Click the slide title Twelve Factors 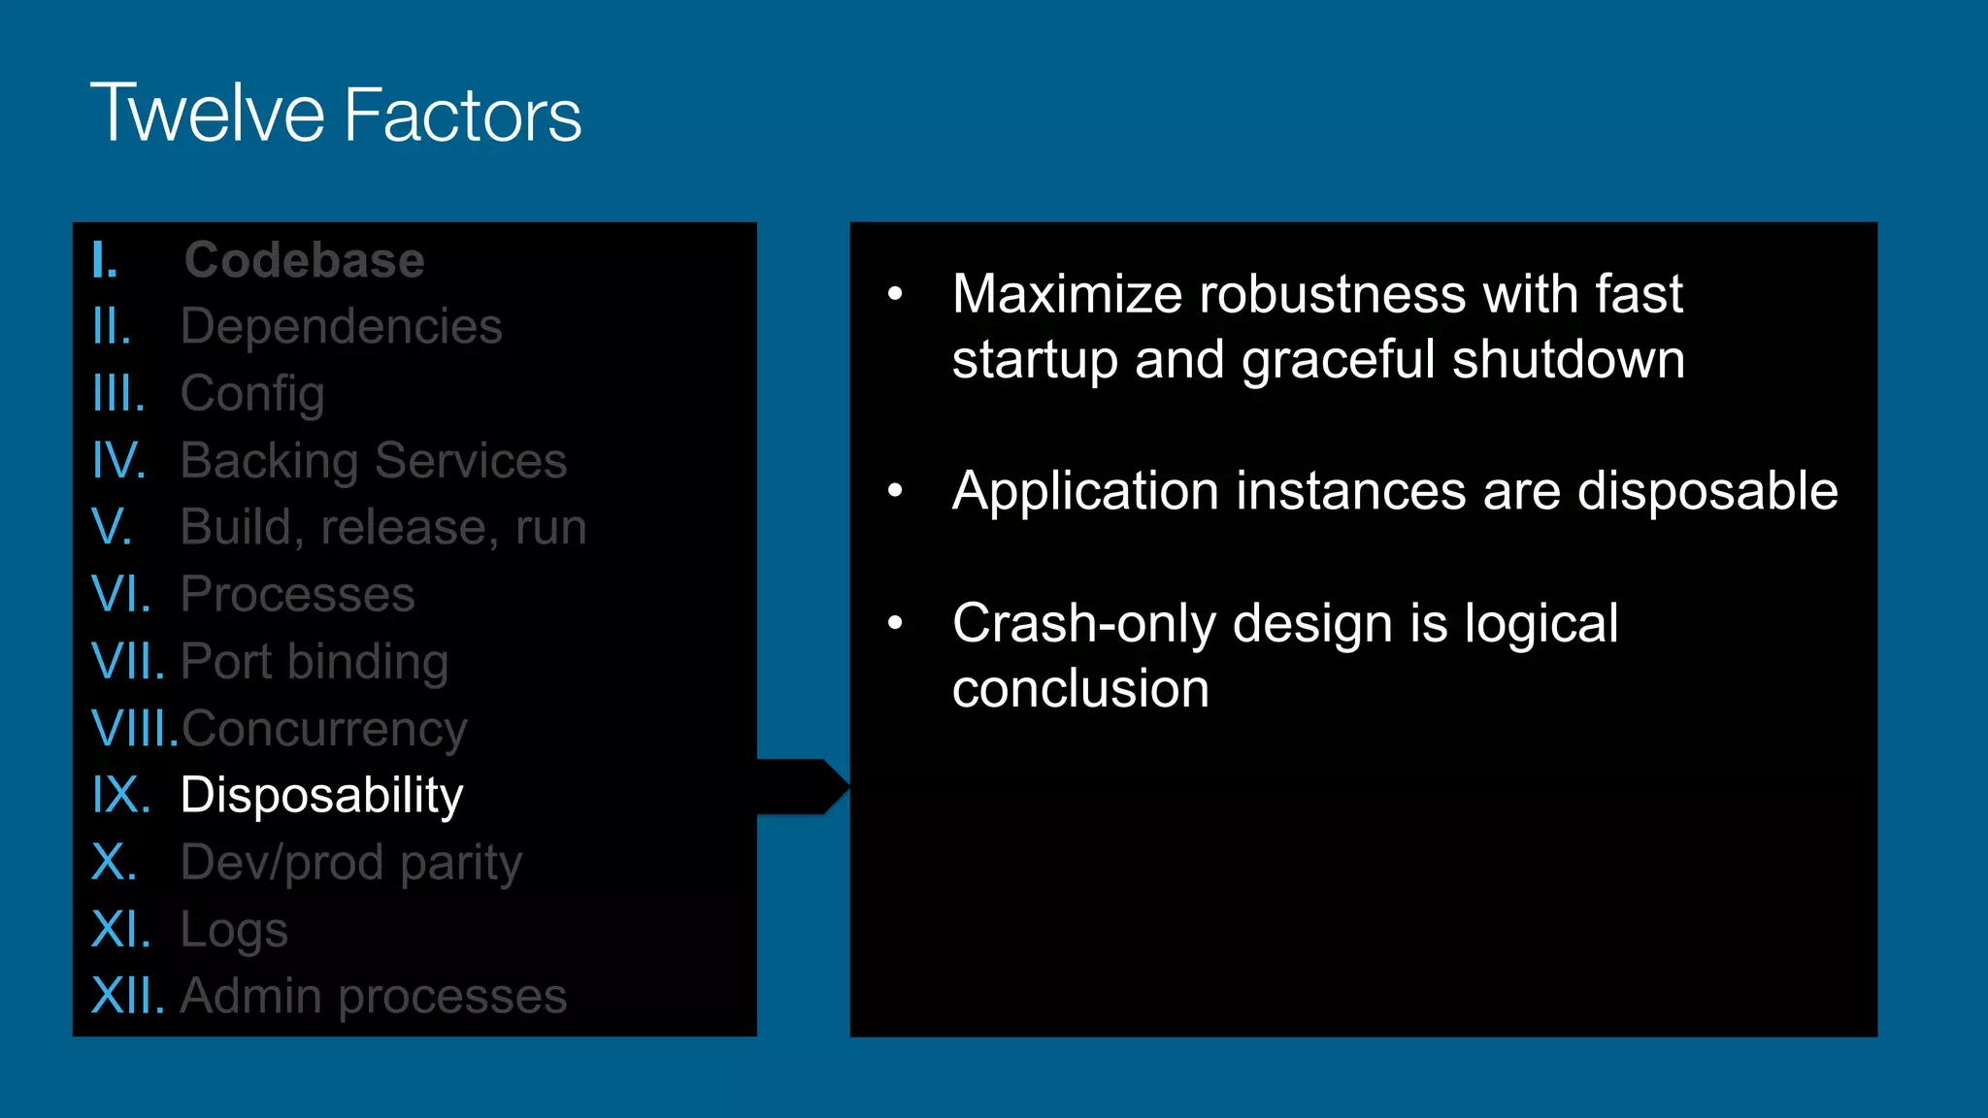336,114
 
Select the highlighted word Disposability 321,795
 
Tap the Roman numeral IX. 120,795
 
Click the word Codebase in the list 304,260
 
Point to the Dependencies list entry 341,326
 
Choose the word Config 252,394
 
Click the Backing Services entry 373,460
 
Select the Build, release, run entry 383,527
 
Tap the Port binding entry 315,662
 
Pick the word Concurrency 324,729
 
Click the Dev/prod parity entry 351,863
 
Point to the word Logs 234,930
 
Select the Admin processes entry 373,996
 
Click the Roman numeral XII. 127,996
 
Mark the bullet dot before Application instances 895,490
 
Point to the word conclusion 1080,689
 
